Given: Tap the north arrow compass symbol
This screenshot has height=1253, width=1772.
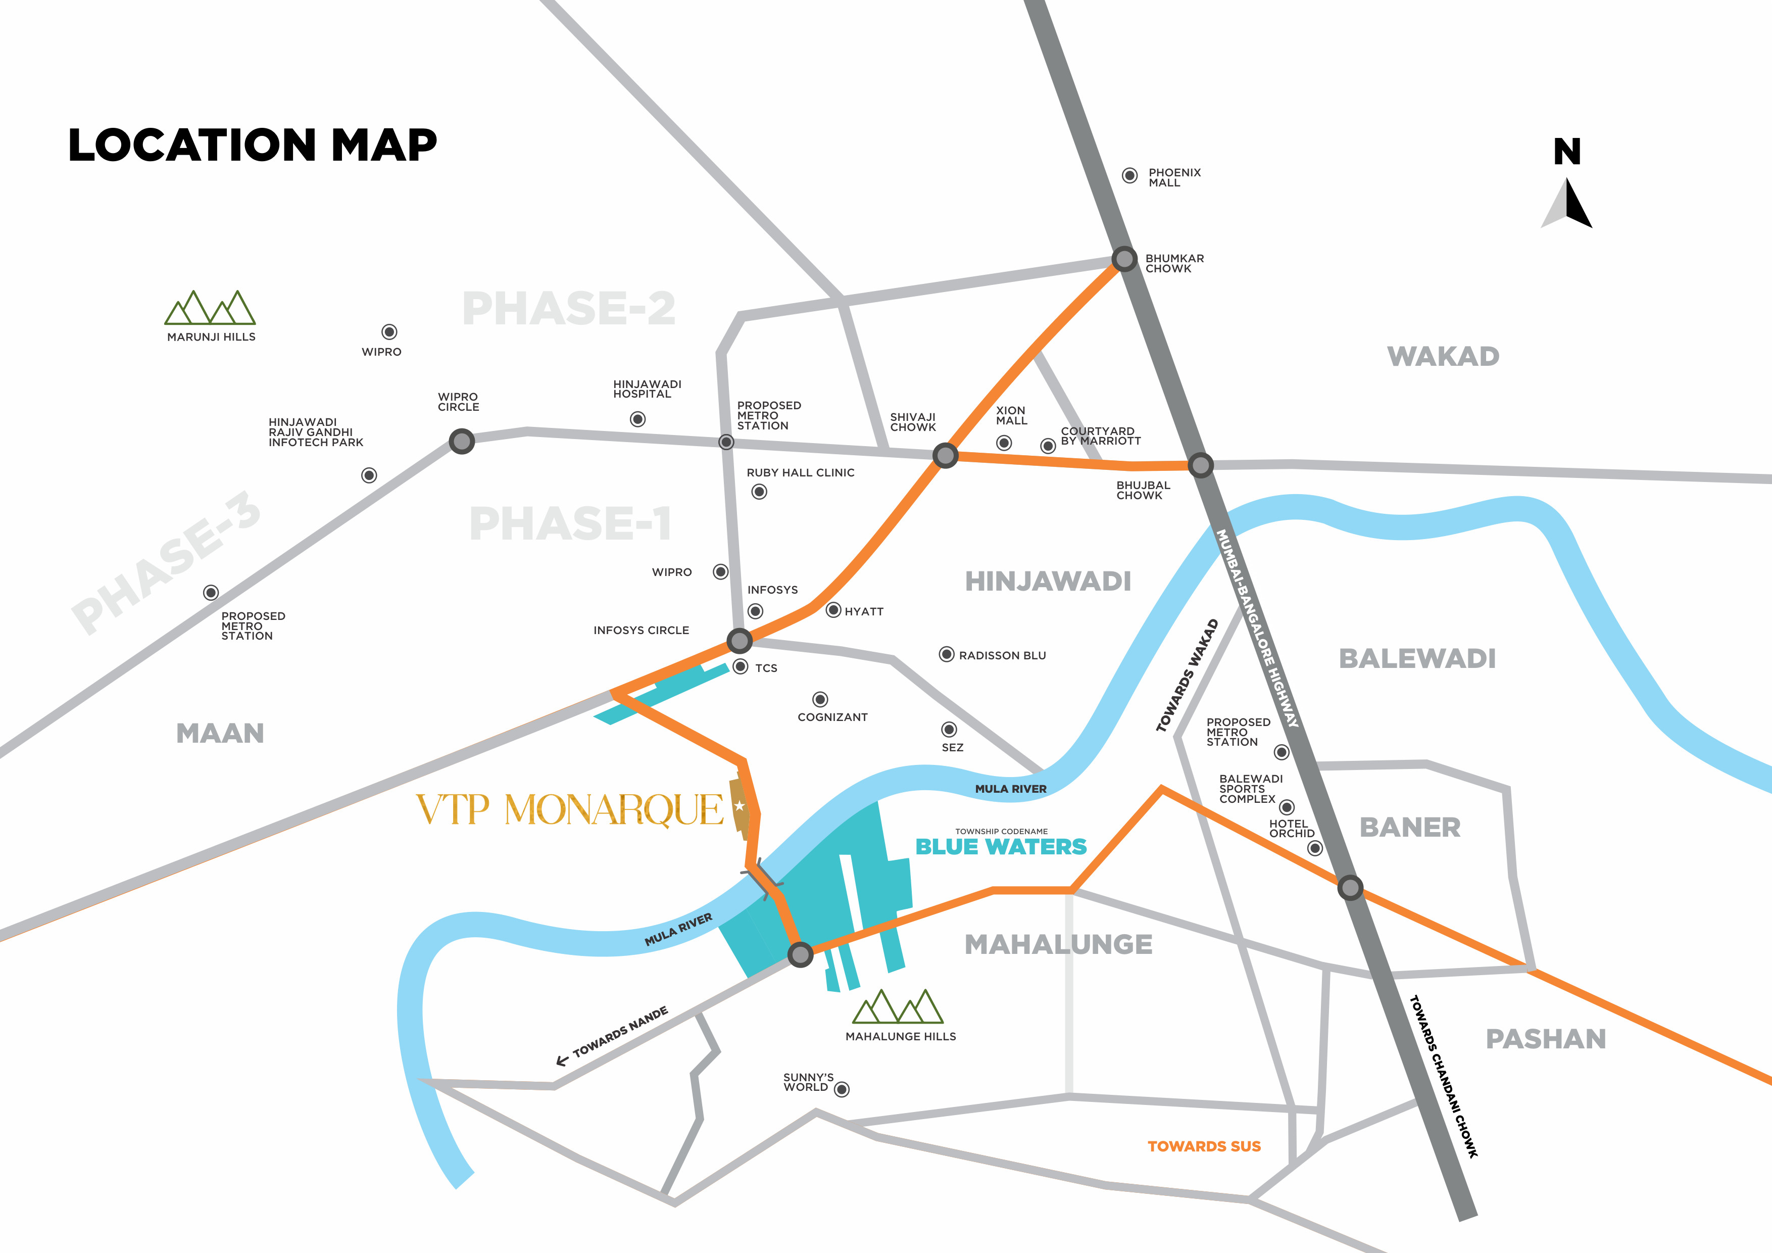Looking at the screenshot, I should click(x=1567, y=204).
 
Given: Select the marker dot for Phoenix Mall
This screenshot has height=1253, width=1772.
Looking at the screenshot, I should click(x=1129, y=176).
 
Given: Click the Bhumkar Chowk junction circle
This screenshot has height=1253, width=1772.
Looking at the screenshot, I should click(x=1124, y=259).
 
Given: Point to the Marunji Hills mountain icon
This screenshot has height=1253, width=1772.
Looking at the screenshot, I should click(x=210, y=308).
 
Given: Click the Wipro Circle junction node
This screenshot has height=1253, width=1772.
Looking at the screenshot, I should click(x=462, y=442).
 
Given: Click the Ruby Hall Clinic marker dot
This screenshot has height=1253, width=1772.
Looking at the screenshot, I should click(x=759, y=492).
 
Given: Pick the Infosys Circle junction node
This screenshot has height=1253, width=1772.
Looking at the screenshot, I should click(x=740, y=640).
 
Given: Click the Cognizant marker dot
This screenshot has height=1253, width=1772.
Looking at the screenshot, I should click(x=820, y=699).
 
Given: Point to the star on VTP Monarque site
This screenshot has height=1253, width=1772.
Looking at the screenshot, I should click(x=740, y=806).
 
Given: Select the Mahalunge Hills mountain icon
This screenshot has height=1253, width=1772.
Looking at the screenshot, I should click(x=898, y=1007).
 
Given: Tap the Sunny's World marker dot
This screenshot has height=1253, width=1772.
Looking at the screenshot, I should click(x=842, y=1089).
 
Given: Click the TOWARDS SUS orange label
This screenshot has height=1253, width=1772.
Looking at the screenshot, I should click(x=1204, y=1146).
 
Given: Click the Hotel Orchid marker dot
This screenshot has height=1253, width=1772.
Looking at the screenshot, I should click(x=1315, y=848).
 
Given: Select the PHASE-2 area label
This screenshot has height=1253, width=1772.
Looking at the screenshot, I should click(x=569, y=309).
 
